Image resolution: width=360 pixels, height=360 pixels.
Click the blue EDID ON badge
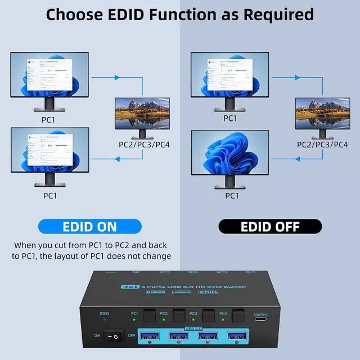tap(90, 227)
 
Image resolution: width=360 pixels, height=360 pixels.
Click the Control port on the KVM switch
tap(261, 325)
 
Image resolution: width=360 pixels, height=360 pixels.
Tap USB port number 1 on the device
tap(150, 337)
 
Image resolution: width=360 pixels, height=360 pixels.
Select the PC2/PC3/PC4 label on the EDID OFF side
tap(322, 145)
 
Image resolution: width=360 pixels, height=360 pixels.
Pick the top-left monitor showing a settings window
tap(49, 76)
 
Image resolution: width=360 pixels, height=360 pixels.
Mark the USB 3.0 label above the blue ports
tap(193, 329)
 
